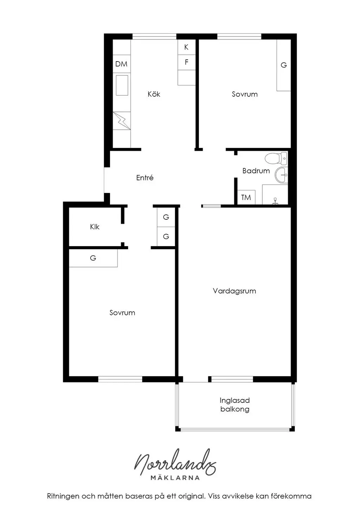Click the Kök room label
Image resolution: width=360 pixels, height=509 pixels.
click(154, 94)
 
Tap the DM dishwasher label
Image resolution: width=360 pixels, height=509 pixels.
click(121, 64)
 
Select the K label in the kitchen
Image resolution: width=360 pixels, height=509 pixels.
click(186, 47)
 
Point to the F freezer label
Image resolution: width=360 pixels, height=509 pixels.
click(187, 62)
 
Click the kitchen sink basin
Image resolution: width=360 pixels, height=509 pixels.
click(122, 85)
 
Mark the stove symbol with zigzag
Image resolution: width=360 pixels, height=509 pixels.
click(122, 121)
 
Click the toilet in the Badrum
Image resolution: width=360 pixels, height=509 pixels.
click(276, 158)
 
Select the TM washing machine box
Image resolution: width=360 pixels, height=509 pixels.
click(246, 197)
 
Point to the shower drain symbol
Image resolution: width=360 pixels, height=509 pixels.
click(275, 201)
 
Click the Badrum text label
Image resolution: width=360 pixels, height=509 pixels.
click(256, 170)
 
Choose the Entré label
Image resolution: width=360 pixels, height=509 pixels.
click(145, 178)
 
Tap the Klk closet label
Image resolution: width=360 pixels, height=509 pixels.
click(95, 227)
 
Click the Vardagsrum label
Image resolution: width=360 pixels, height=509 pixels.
click(234, 291)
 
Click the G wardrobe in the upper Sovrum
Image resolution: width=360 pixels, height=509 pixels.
click(284, 65)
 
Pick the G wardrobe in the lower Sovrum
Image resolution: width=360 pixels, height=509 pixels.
click(93, 258)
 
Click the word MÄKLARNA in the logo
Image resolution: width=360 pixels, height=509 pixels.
click(175, 478)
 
